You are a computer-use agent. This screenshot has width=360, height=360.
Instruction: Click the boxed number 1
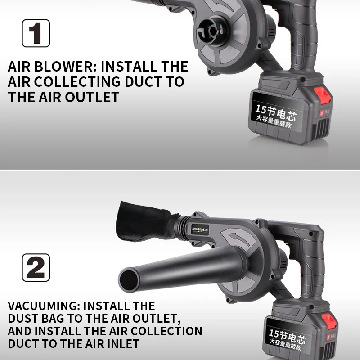pyautogui.click(x=36, y=33)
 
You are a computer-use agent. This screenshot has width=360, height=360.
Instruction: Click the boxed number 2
pyautogui.click(x=36, y=268)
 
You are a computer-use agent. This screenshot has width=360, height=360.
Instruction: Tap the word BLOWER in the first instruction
pyautogui.click(x=65, y=67)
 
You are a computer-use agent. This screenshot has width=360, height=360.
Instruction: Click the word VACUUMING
pyautogui.click(x=43, y=306)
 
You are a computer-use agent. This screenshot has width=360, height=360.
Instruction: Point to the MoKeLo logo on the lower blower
pyautogui.click(x=205, y=228)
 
